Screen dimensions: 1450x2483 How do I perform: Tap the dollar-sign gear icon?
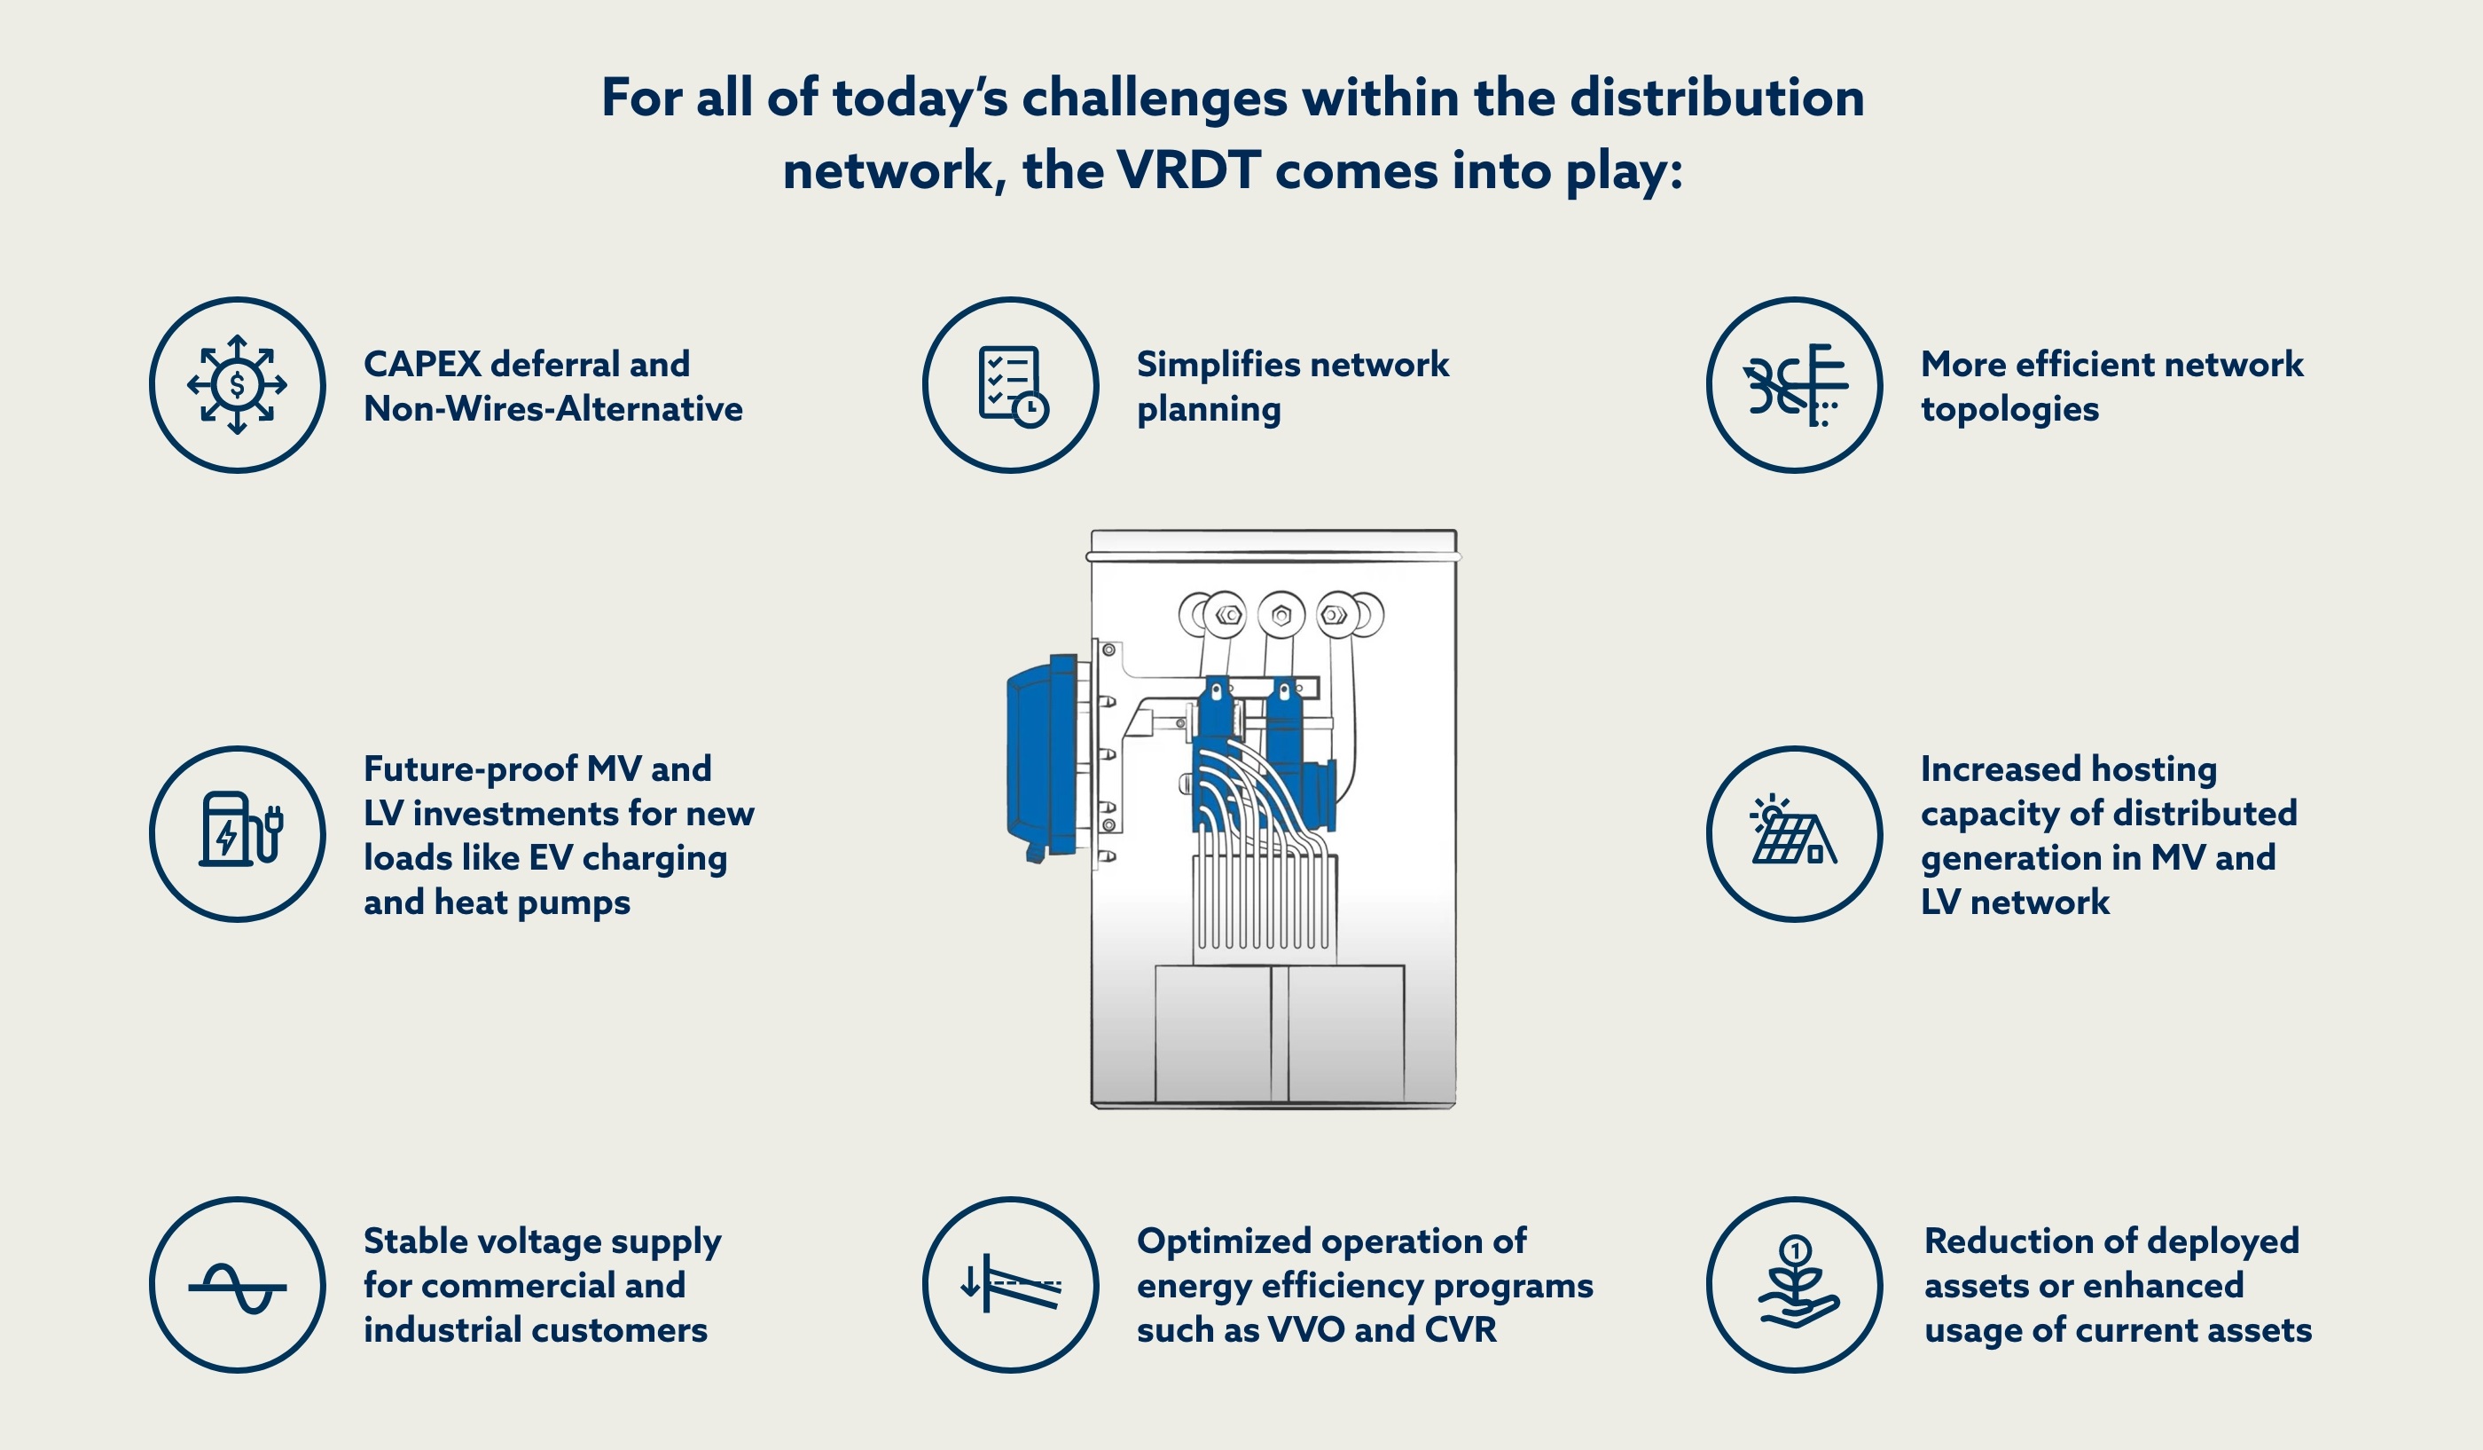pyautogui.click(x=238, y=384)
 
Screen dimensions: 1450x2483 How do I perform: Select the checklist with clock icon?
pyautogui.click(x=1011, y=384)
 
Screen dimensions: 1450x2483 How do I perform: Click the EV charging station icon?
pyautogui.click(x=238, y=833)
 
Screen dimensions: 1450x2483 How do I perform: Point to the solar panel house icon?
pyautogui.click(x=1793, y=833)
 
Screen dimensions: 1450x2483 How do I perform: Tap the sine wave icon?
pyautogui.click(x=238, y=1284)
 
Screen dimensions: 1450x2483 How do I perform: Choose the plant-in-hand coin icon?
pyautogui.click(x=1795, y=1284)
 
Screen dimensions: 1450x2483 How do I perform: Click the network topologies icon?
pyautogui.click(x=1793, y=384)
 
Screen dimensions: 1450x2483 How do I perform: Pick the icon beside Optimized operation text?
pyautogui.click(x=1011, y=1284)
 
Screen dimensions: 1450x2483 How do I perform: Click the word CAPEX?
pyautogui.click(x=422, y=364)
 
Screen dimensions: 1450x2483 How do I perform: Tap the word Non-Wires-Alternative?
pyautogui.click(x=552, y=408)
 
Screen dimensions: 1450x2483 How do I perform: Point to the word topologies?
pyautogui.click(x=2009, y=408)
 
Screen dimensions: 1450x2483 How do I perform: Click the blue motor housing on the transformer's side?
pyautogui.click(x=1045, y=757)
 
